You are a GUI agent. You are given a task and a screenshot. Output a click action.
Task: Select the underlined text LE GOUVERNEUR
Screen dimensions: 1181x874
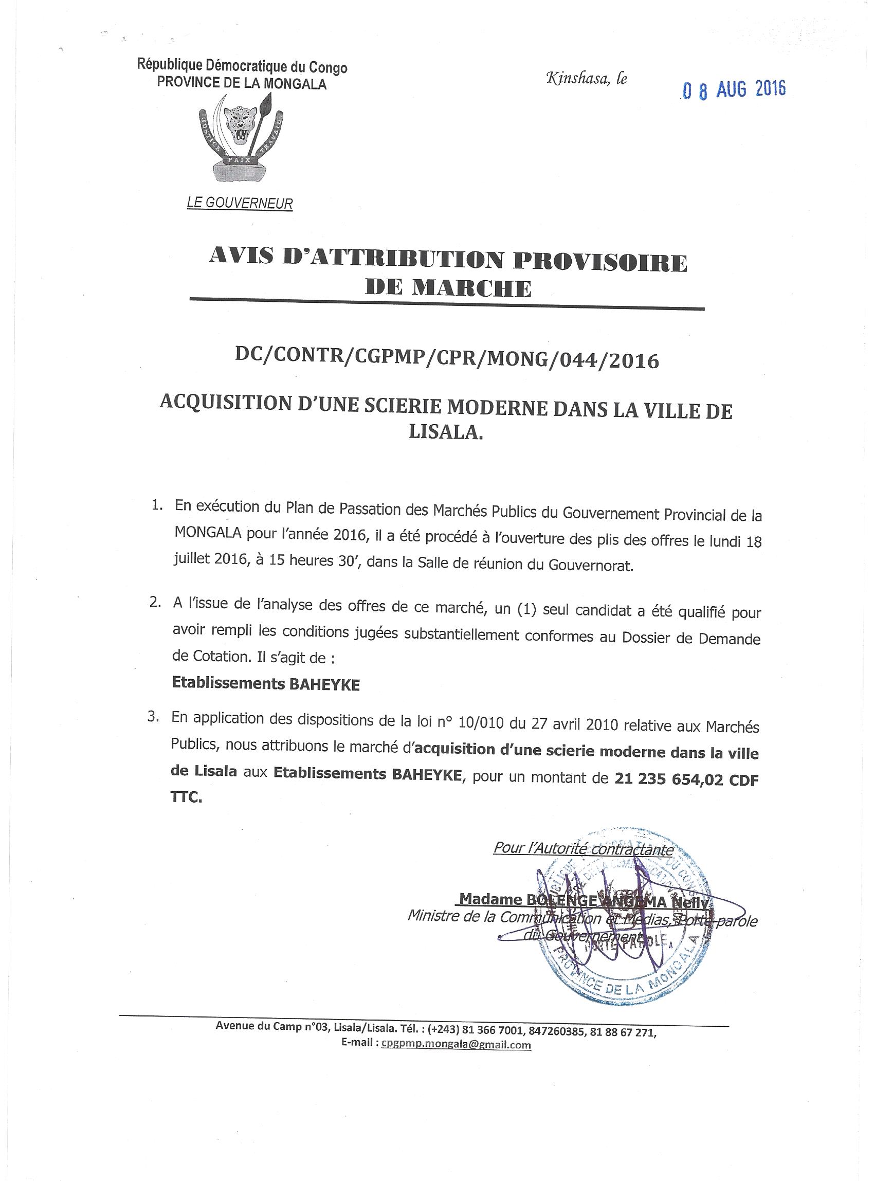tap(240, 203)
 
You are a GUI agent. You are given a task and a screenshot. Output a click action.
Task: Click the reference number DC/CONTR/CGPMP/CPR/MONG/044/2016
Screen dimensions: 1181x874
tap(447, 360)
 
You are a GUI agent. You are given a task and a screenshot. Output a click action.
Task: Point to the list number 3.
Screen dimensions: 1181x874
tap(153, 718)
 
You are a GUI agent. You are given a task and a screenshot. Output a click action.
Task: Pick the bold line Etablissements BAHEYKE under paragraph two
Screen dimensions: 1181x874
tap(266, 684)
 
